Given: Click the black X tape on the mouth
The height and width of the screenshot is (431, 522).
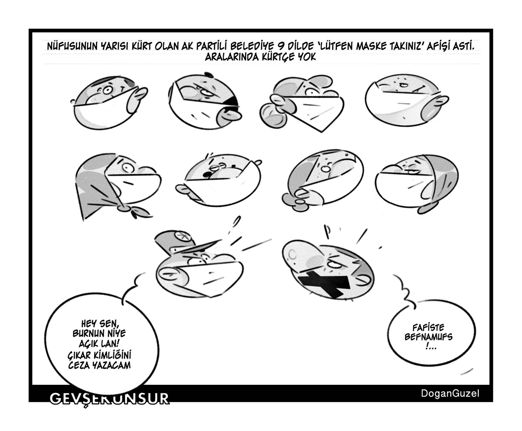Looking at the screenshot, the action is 323,284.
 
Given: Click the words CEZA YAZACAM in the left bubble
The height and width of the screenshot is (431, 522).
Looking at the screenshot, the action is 100,365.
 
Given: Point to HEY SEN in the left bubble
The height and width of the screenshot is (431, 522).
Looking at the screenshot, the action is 100,324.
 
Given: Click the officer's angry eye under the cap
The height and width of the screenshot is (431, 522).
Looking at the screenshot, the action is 196,261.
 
